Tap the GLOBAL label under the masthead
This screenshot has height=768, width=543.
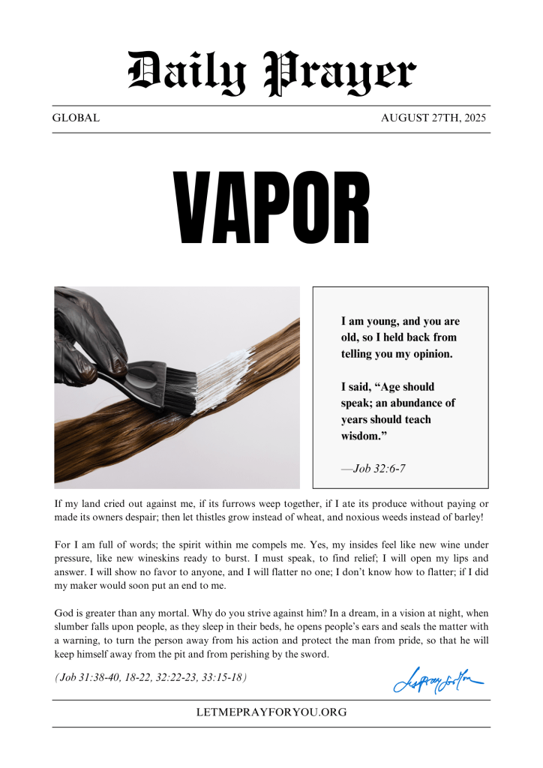(x=76, y=118)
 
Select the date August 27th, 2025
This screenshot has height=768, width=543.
(x=433, y=118)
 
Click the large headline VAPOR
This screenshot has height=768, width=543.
(x=271, y=208)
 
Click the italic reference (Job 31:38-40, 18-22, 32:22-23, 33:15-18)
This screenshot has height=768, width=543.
(x=151, y=677)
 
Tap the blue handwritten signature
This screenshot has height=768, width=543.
(x=437, y=680)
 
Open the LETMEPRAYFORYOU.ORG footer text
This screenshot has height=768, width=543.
(x=271, y=712)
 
